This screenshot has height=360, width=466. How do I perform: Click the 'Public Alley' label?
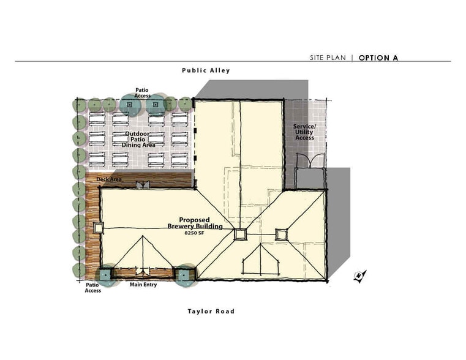tap(206, 70)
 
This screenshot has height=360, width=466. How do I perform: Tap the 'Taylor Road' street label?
tap(211, 311)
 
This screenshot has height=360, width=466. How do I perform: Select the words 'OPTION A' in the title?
tap(378, 58)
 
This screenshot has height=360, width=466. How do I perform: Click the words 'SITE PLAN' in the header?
tap(328, 58)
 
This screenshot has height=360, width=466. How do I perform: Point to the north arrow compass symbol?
tap(359, 276)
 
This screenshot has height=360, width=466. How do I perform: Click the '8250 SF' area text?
tap(194, 233)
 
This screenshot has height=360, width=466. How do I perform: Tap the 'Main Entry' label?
tap(143, 285)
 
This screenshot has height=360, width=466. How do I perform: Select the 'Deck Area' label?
tap(109, 179)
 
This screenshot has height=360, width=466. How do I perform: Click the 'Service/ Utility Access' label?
tap(304, 132)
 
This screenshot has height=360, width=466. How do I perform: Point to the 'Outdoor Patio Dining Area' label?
tap(138, 140)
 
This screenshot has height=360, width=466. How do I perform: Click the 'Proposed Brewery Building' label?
tap(195, 223)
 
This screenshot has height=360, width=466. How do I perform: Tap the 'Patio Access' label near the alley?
tap(142, 92)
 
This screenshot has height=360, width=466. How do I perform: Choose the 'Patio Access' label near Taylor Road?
tap(92, 288)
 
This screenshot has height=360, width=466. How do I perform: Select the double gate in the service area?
tap(310, 160)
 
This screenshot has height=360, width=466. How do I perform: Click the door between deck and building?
tap(143, 184)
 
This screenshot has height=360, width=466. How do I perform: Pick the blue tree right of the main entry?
tap(184, 276)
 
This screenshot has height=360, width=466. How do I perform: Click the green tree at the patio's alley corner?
tap(79, 105)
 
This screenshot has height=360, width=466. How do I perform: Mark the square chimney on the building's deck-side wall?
tap(98, 228)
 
